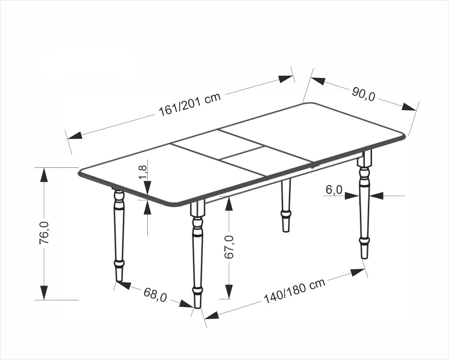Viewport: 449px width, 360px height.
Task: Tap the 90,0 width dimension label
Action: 363,94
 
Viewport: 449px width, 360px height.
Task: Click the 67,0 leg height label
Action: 229,247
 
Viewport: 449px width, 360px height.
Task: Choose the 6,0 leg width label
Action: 334,190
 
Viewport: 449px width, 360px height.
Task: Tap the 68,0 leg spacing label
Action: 155,295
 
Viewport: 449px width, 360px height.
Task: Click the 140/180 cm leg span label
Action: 294,291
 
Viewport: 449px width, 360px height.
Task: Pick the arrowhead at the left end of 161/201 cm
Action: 74,135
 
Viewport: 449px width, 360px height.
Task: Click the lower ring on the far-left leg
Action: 120,263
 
